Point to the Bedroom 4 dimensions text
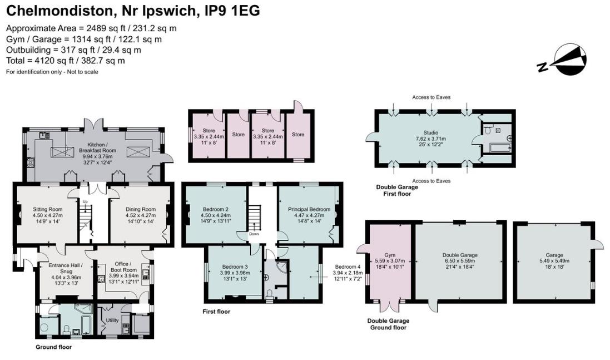(348, 273)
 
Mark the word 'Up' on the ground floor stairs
(85, 201)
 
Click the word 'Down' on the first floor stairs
(255, 234)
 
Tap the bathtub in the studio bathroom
(498, 148)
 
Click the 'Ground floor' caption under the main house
(53, 347)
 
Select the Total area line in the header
(66, 61)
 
